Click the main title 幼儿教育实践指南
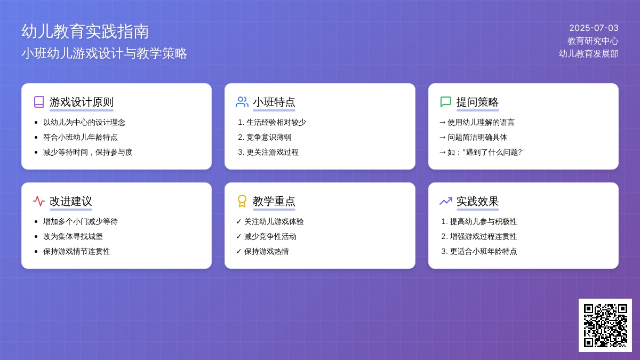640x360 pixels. tap(85, 31)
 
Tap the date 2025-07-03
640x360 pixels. tap(594, 28)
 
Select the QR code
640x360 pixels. tap(605, 325)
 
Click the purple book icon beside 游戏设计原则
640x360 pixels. tap(39, 102)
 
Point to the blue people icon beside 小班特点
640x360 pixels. tap(242, 102)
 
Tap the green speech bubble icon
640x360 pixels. tap(445, 102)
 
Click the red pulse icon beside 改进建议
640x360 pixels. tap(39, 201)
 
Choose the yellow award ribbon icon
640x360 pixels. tap(242, 201)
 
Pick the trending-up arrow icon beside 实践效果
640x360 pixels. tap(446, 201)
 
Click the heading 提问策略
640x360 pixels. tap(477, 102)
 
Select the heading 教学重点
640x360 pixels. tap(274, 202)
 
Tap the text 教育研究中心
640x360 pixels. tap(593, 41)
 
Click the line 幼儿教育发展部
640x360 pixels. tap(589, 53)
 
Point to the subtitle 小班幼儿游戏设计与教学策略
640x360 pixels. tap(105, 53)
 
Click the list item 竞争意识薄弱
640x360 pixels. tap(269, 137)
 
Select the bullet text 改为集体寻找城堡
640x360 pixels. tap(73, 236)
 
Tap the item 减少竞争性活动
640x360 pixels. tap(270, 236)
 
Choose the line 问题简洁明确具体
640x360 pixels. tap(477, 137)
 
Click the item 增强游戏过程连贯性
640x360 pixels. tap(483, 236)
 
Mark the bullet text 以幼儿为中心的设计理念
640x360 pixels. tap(84, 122)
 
